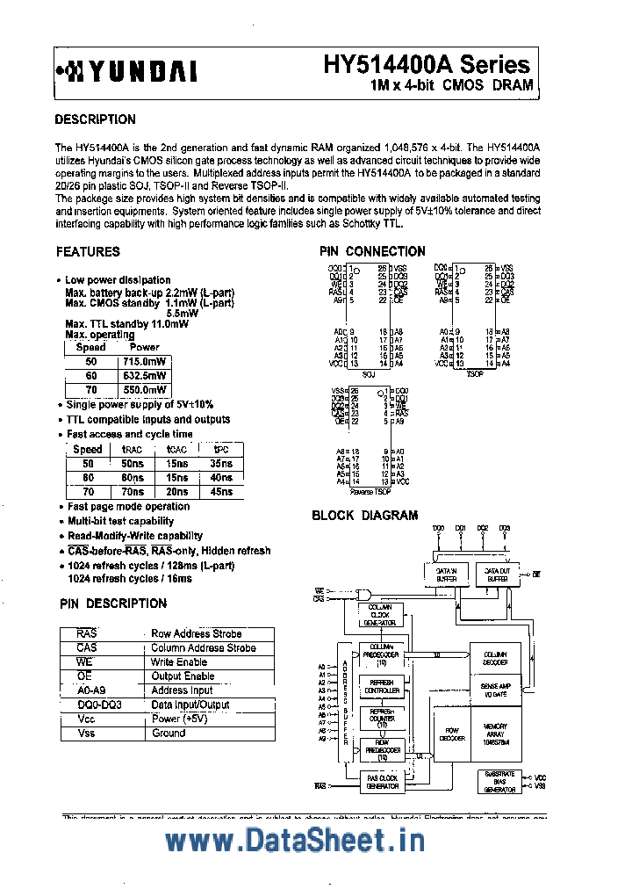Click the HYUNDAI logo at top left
[126, 71]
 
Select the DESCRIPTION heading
[95, 119]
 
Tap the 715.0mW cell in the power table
[144, 361]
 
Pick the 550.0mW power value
[144, 389]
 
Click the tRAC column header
[133, 449]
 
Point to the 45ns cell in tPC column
[221, 492]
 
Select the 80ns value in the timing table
[133, 478]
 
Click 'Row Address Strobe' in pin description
[197, 633]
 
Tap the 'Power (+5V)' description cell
[181, 719]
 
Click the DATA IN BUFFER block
[448, 575]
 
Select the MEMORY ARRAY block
[496, 733]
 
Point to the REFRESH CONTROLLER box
[382, 686]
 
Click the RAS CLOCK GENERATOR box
[382, 782]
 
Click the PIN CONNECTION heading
[372, 251]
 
